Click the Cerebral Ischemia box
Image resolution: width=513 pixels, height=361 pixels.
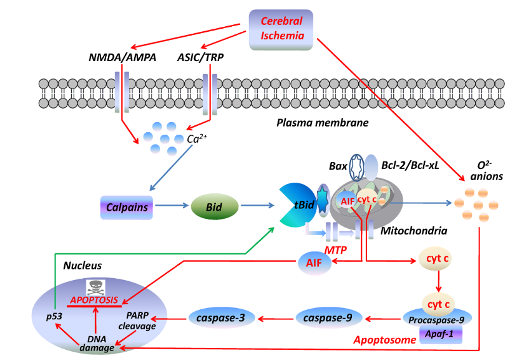pyautogui.click(x=281, y=29)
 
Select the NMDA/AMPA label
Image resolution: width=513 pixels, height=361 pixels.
pyautogui.click(x=121, y=58)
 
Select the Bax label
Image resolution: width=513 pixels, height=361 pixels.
pyautogui.click(x=338, y=166)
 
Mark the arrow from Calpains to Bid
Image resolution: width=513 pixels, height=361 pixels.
pyautogui.click(x=174, y=206)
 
